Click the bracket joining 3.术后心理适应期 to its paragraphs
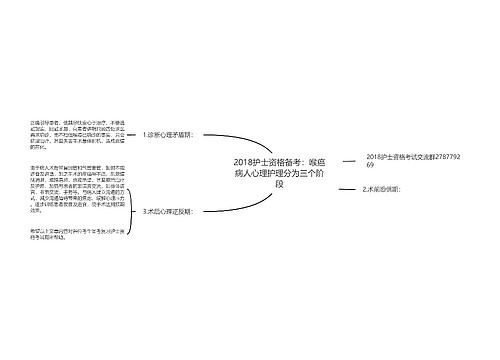pyautogui.click(x=134, y=211)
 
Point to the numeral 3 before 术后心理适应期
pyautogui.click(x=145, y=211)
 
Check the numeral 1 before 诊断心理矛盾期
pyautogui.click(x=145, y=133)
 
